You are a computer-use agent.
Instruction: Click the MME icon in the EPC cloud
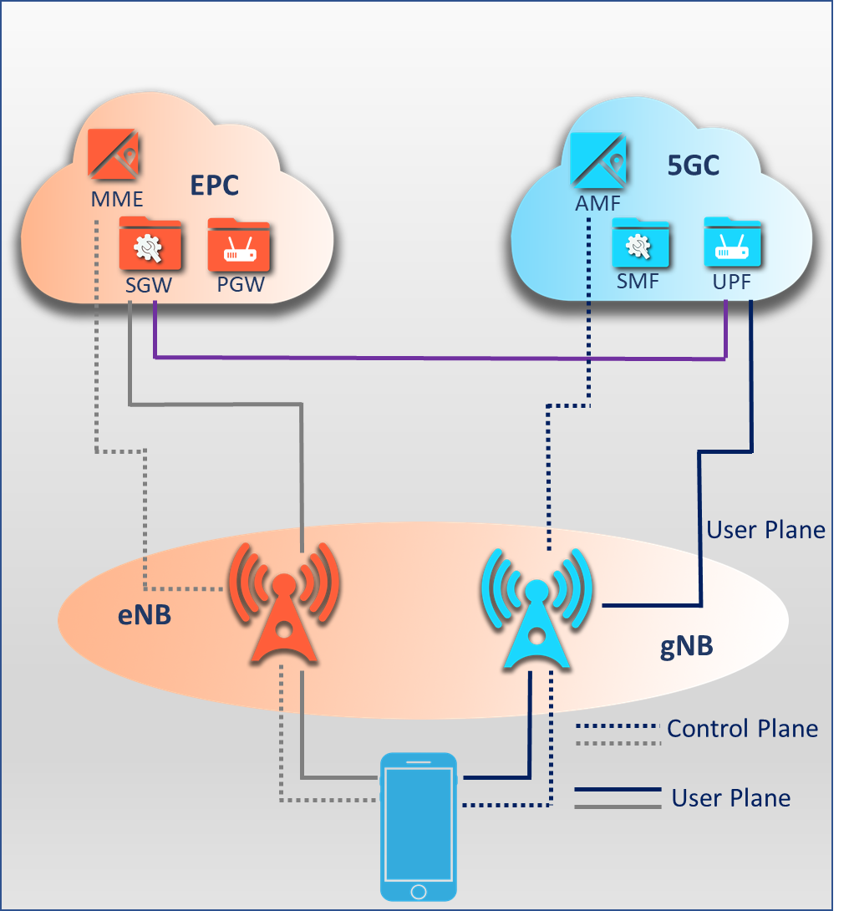[x=114, y=154]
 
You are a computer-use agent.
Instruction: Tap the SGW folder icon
[x=150, y=244]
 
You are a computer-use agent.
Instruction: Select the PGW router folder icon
[x=239, y=244]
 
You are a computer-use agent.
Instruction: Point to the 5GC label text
[x=693, y=165]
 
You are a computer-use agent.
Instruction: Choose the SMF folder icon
[x=641, y=244]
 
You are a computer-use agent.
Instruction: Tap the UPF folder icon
[x=733, y=242]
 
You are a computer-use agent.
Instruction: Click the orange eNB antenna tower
[x=284, y=603]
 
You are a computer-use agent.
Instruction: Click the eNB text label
[x=144, y=616]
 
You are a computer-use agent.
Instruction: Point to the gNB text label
[x=686, y=647]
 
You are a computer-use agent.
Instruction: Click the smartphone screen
[x=419, y=819]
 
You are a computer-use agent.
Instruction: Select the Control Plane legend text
[x=742, y=729]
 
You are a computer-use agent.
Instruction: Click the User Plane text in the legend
[x=731, y=798]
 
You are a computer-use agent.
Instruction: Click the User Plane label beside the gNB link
[x=765, y=530]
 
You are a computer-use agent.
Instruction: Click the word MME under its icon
[x=117, y=200]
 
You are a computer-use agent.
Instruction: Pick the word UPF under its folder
[x=733, y=282]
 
